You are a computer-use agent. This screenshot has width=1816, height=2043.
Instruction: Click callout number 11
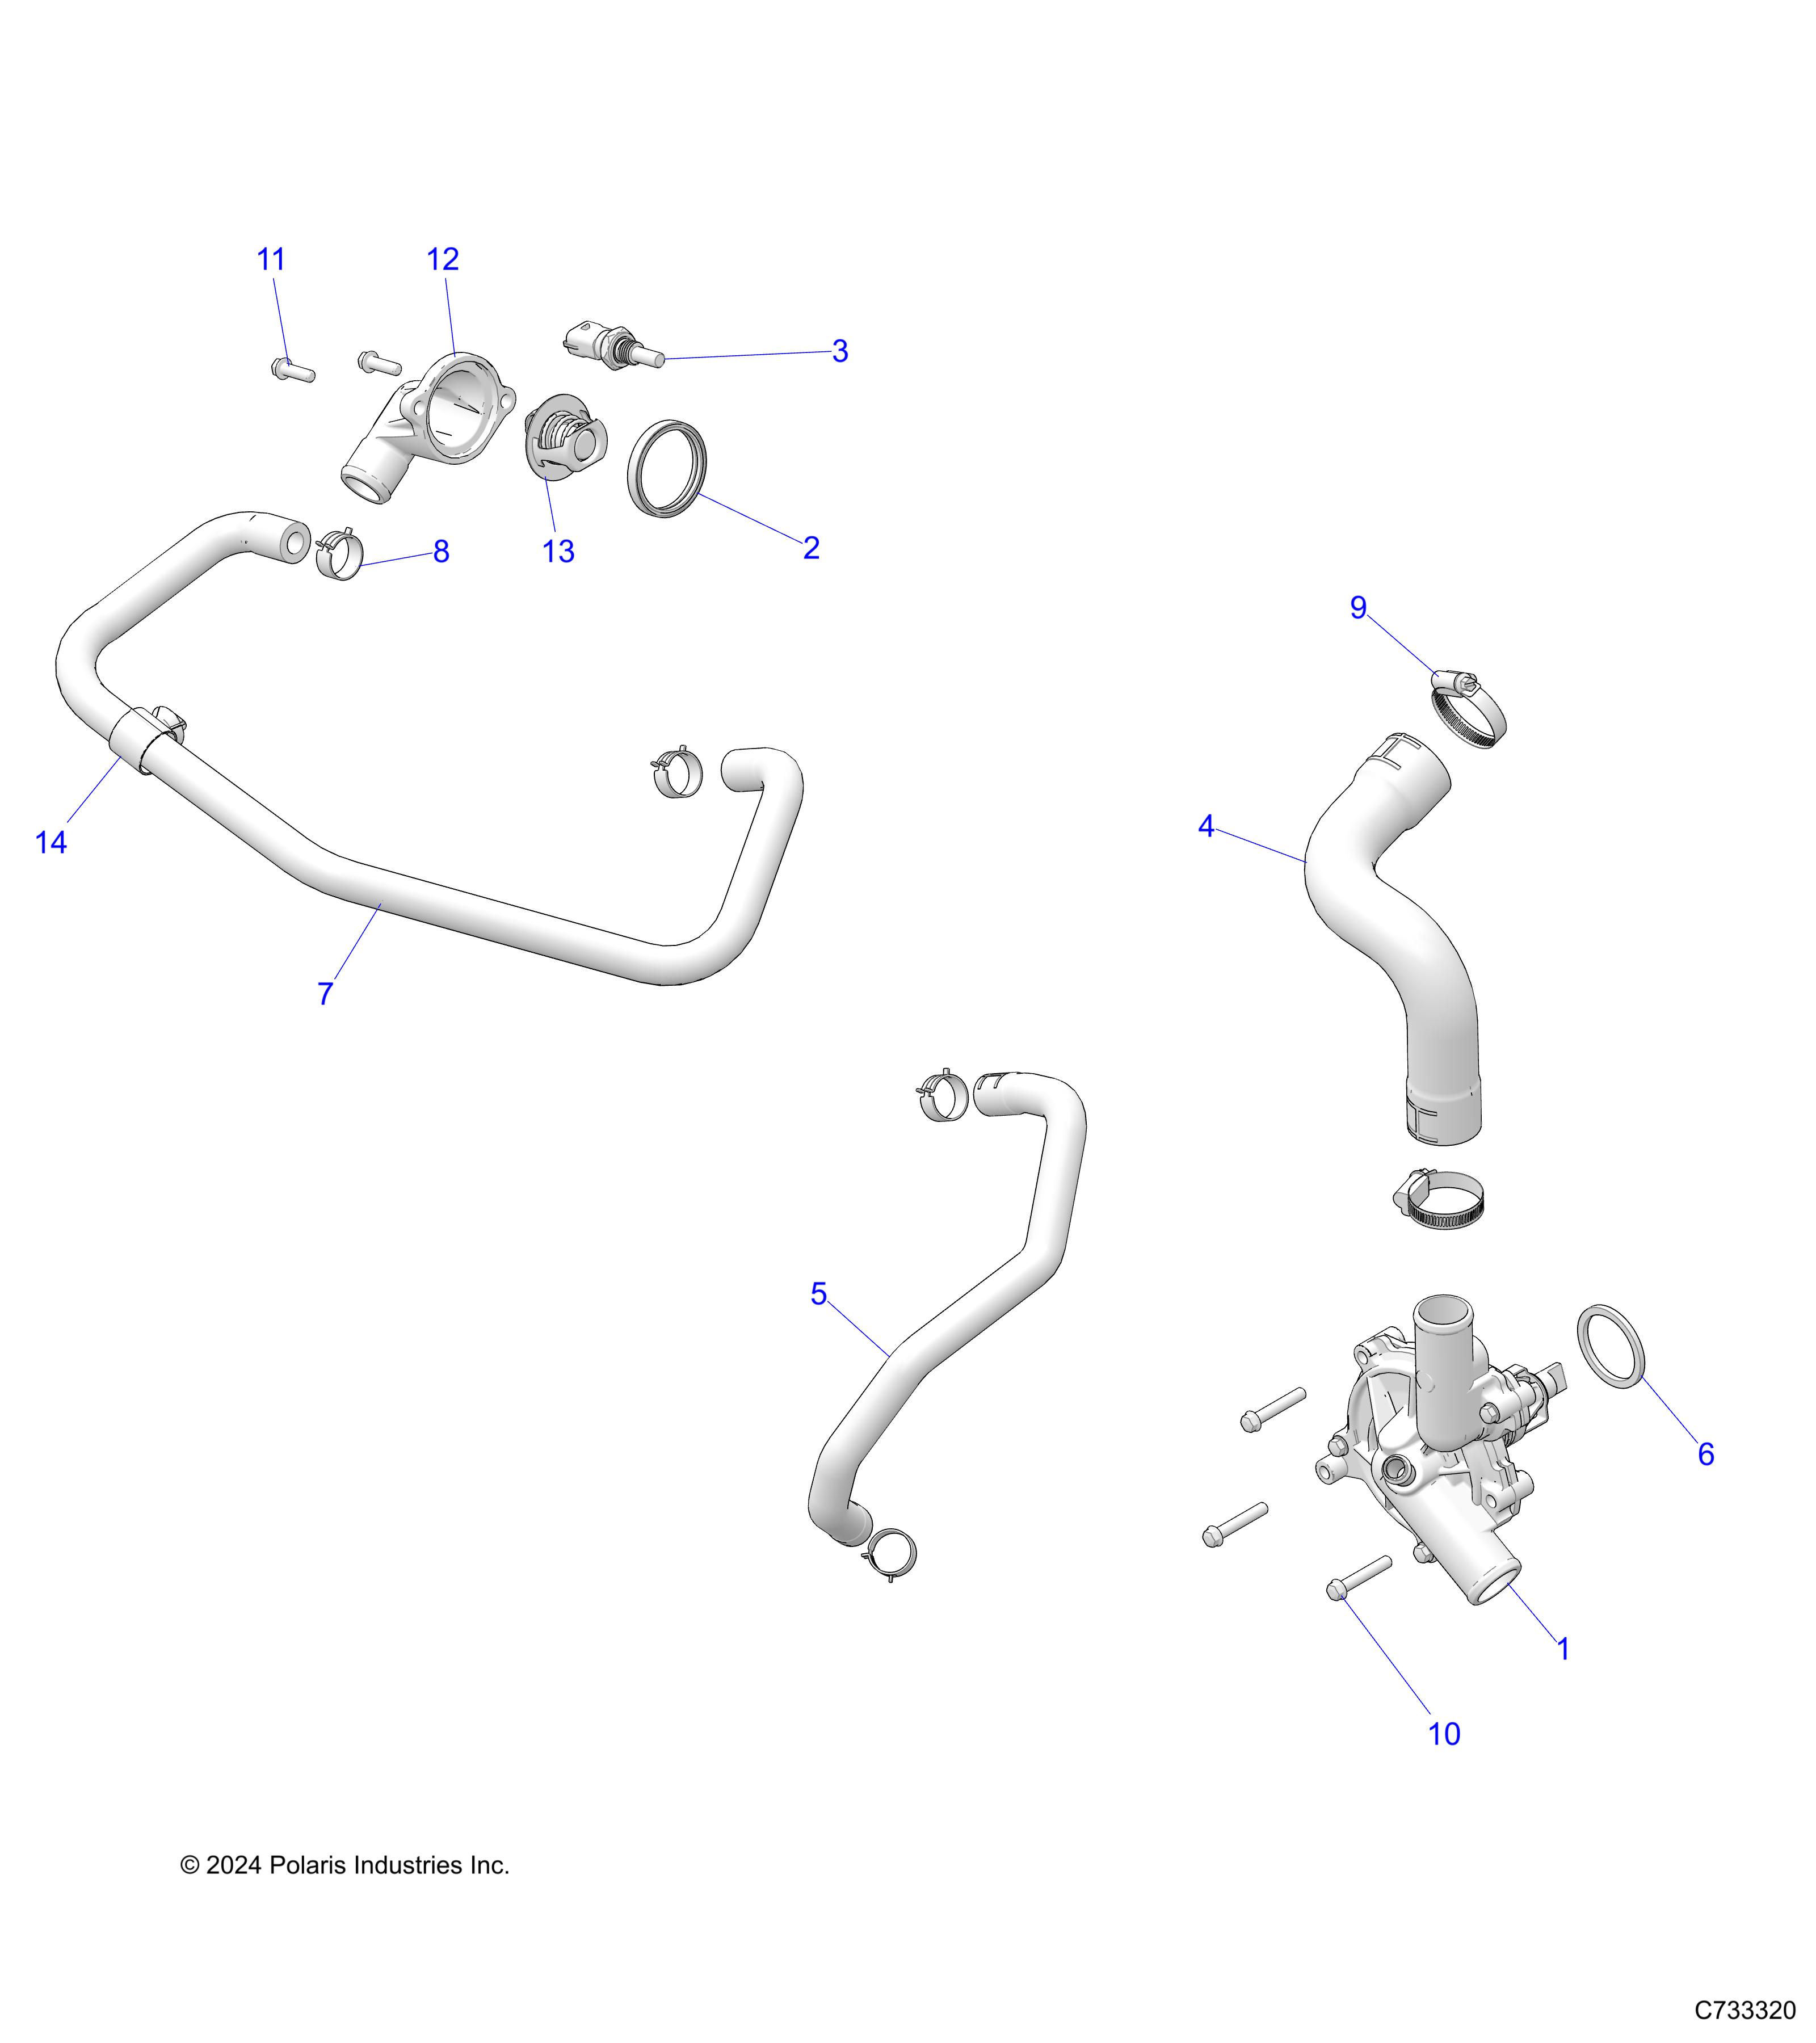coord(271,260)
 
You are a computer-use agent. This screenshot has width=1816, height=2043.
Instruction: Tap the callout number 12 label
coord(443,260)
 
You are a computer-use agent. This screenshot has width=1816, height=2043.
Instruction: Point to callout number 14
coord(51,843)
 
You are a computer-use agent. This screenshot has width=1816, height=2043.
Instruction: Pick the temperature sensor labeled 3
coord(613,346)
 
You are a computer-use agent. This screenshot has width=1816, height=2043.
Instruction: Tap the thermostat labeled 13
coord(566,437)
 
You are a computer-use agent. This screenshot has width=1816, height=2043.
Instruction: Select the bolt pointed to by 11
coord(293,370)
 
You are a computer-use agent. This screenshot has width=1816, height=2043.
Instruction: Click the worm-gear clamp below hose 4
coord(1438,1200)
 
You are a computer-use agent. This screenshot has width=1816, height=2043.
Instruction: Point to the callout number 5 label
coord(818,1294)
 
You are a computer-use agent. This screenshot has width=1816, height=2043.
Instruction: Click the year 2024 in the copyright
coord(233,1865)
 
